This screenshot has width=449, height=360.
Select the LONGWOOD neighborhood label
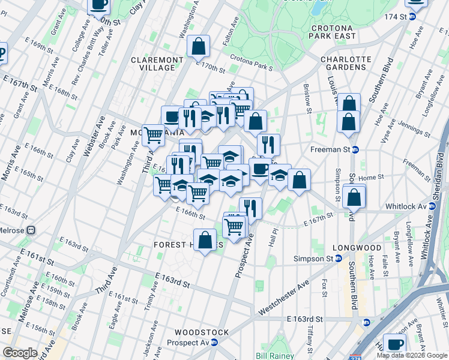360,247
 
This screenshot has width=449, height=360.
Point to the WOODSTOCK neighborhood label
202,332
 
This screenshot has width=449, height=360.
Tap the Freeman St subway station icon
355,149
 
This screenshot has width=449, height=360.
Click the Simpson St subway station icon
339,258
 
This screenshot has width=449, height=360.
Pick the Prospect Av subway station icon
214,342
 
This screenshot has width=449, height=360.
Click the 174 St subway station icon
412,16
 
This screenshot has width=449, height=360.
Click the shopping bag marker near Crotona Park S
198,46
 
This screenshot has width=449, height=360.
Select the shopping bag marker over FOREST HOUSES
205,239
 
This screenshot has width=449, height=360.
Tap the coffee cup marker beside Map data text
394,344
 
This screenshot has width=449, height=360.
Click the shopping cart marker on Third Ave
154,136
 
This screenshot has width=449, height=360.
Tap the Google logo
20,353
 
